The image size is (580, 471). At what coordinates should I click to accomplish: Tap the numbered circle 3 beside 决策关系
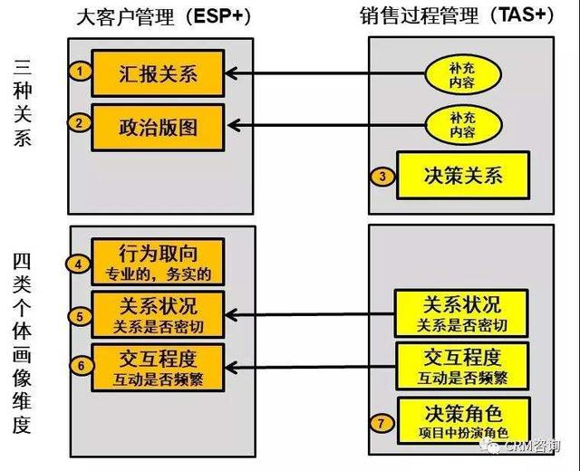tap(383, 177)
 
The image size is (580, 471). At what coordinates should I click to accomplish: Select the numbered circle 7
tap(383, 423)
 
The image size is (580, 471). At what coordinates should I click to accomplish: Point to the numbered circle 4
tap(81, 264)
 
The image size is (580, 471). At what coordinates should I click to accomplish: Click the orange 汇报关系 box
tap(158, 73)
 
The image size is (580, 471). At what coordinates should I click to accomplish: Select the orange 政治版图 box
tap(158, 124)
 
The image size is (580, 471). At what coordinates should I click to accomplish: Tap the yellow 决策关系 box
tap(462, 176)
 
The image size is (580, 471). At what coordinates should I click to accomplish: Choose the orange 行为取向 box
tap(158, 263)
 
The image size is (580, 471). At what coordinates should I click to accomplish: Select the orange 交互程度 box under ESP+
tap(158, 366)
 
